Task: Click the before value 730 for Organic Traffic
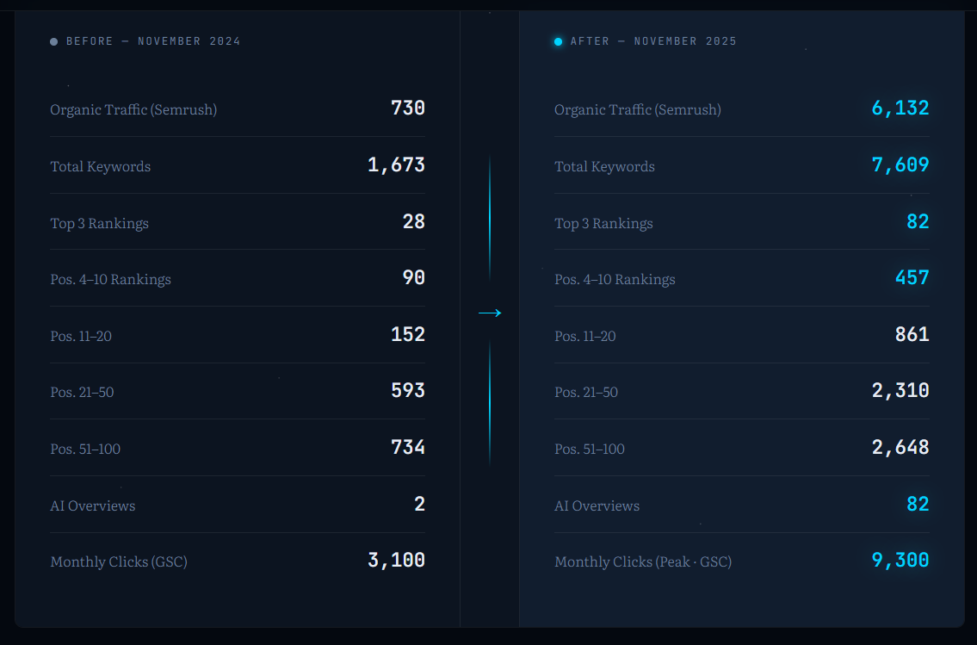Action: click(408, 109)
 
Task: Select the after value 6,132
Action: click(900, 109)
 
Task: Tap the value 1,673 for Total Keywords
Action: click(396, 165)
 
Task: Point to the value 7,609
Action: click(900, 165)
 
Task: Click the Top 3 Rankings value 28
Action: click(414, 222)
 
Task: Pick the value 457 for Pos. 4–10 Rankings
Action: click(912, 278)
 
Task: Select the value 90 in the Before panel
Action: click(414, 278)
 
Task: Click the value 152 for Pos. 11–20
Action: click(408, 334)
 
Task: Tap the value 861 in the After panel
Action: click(912, 334)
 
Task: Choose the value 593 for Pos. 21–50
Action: click(408, 391)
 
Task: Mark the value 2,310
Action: click(900, 391)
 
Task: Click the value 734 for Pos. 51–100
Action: click(408, 448)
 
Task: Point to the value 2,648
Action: click(900, 448)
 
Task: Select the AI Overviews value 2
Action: click(419, 505)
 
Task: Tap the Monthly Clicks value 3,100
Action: click(396, 561)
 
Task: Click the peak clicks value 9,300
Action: click(900, 561)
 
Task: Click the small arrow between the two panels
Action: click(490, 313)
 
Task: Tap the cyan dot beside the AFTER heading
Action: click(559, 41)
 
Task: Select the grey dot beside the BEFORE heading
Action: click(54, 41)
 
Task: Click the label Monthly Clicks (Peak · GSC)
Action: click(643, 562)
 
